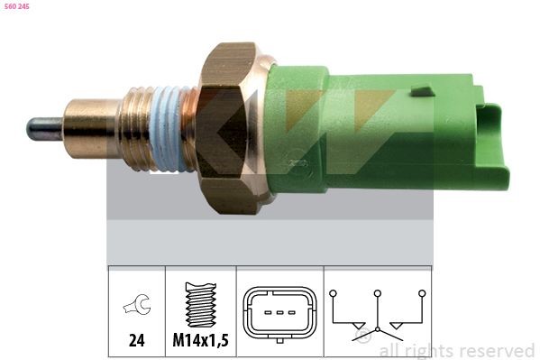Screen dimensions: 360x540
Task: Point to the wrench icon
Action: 136,308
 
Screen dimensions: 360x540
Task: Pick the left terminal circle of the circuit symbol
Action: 333,293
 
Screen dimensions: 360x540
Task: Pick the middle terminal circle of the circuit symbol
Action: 378,293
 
